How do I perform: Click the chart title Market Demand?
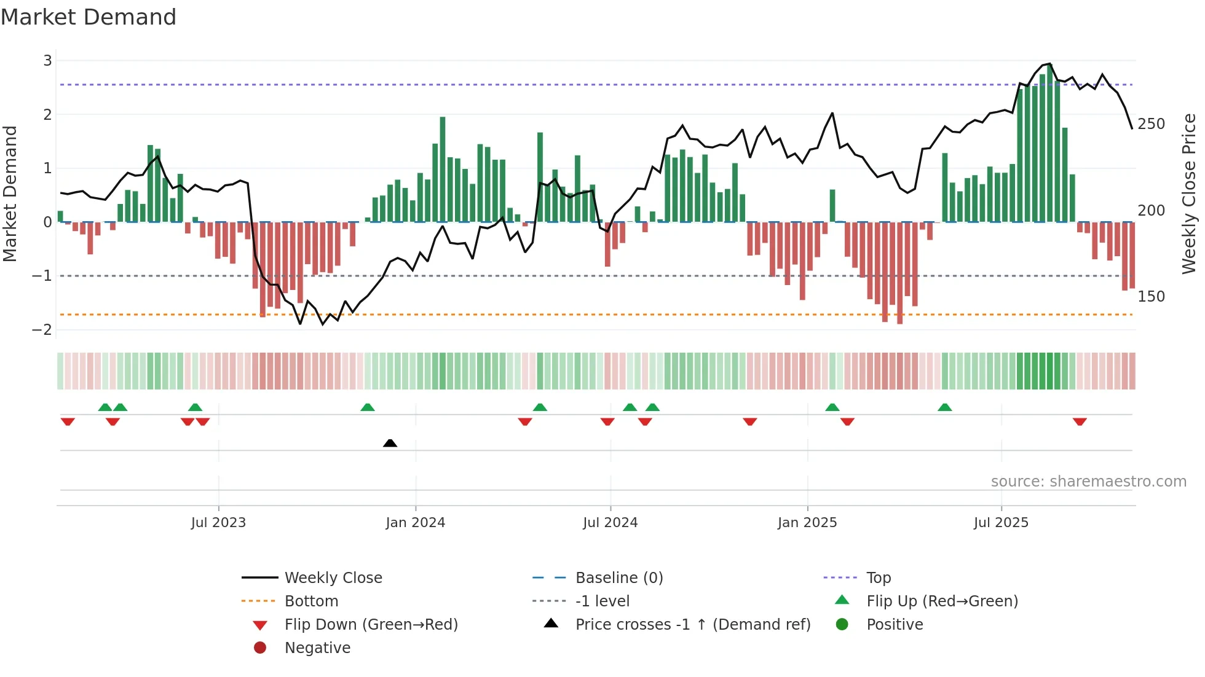click(89, 17)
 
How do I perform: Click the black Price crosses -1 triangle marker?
click(390, 443)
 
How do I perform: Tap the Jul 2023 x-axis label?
click(218, 523)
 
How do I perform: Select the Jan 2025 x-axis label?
click(807, 523)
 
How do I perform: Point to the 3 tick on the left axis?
click(47, 60)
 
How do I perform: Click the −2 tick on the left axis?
click(42, 329)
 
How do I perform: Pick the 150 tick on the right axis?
click(1151, 297)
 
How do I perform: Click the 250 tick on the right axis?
click(1151, 124)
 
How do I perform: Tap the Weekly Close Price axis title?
click(1189, 194)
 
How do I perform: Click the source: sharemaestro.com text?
click(1088, 482)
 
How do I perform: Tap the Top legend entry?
click(878, 578)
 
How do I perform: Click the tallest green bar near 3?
click(1050, 141)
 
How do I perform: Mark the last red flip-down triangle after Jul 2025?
click(1080, 421)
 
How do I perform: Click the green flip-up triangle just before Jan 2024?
click(368, 407)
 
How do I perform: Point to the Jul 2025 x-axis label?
click(1001, 523)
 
